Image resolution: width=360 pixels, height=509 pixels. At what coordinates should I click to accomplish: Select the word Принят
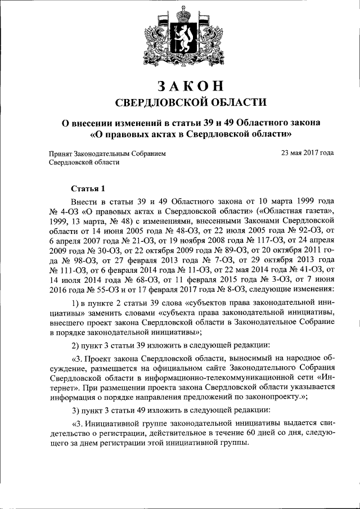(x=60, y=152)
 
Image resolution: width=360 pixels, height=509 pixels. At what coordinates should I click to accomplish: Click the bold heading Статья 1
(x=88, y=188)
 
